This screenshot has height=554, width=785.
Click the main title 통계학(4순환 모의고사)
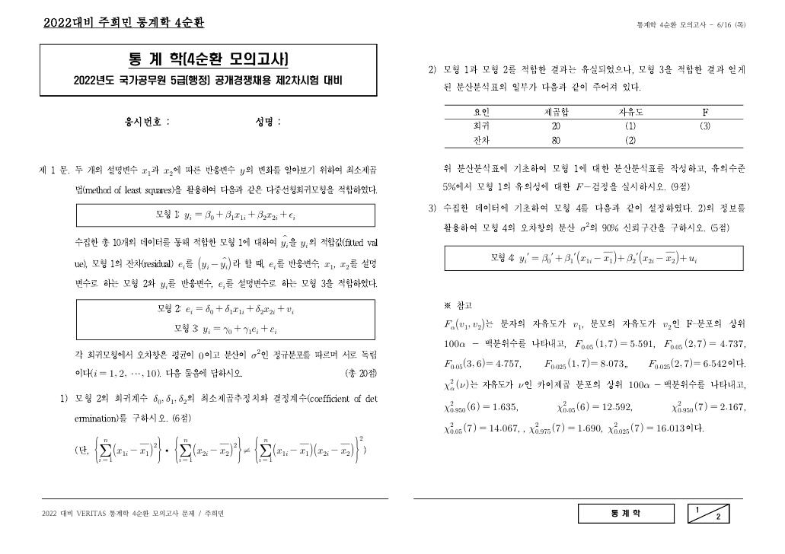[208, 59]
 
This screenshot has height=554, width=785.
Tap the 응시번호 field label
[147, 121]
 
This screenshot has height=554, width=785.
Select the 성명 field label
[269, 121]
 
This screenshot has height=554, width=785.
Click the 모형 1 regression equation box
[225, 215]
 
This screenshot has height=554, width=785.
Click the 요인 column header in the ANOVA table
[481, 112]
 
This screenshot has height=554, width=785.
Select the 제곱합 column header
[556, 112]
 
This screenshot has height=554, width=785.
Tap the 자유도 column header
[630, 112]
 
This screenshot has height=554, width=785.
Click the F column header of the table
[705, 112]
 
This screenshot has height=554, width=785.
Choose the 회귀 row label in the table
[481, 126]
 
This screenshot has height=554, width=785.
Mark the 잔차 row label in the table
[481, 140]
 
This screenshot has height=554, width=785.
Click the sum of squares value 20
[556, 126]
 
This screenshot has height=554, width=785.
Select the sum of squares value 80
[556, 140]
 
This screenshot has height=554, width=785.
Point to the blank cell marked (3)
[705, 126]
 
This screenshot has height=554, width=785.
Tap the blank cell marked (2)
[630, 140]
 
